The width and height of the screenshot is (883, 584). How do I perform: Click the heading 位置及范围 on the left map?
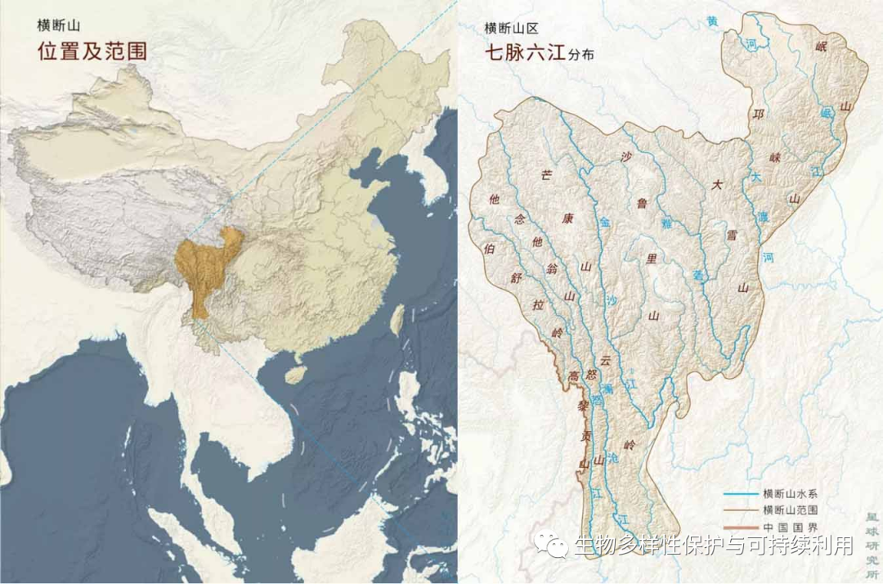point(92,52)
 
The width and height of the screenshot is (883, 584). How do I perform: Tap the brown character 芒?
point(546,173)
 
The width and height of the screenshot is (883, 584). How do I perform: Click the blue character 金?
point(605,222)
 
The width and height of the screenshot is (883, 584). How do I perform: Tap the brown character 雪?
point(733,235)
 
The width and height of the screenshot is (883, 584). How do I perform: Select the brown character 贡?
point(585,437)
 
